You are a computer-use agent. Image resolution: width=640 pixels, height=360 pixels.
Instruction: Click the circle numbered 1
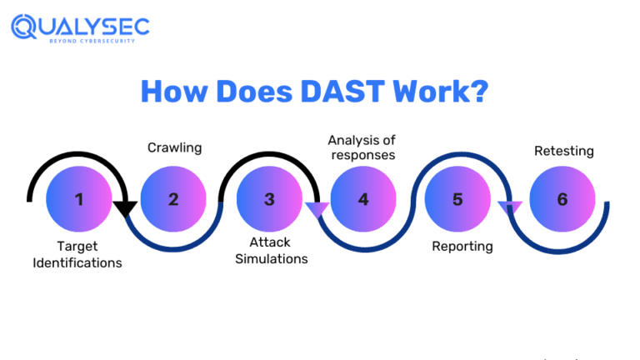pos(79,200)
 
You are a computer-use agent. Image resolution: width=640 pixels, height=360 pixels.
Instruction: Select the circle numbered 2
pos(173,200)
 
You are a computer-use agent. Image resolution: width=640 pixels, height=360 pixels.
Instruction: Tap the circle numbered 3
pos(269,200)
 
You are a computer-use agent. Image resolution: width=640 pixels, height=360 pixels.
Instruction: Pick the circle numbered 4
pos(363,200)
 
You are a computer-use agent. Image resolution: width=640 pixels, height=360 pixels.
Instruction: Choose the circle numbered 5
pos(457,200)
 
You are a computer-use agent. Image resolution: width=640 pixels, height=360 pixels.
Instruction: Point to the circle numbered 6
pos(562,200)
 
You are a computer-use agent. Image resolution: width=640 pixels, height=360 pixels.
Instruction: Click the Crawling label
pos(174,147)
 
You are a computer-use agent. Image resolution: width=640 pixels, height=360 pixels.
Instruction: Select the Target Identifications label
pos(77,254)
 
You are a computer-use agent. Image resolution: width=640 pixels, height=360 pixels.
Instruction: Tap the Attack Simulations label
pos(271,250)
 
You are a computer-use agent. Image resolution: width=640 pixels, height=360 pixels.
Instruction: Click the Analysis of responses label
pos(362,147)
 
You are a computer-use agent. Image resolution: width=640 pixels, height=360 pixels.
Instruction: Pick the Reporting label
pos(462,246)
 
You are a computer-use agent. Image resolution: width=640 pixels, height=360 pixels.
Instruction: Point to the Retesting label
pos(563,151)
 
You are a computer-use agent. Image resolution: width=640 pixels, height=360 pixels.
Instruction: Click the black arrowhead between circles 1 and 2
pos(125,208)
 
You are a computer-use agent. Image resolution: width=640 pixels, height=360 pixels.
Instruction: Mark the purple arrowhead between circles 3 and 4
pos(316,209)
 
